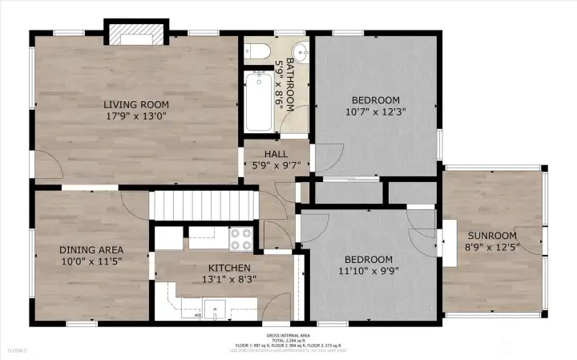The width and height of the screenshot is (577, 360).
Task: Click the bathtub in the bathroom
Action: click(x=258, y=101)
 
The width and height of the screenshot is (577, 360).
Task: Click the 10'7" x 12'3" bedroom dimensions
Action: click(x=376, y=112)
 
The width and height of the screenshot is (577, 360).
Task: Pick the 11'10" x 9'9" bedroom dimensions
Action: click(x=369, y=271)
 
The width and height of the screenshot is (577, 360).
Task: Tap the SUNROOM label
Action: click(x=492, y=235)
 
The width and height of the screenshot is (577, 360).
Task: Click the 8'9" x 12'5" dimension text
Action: click(x=492, y=246)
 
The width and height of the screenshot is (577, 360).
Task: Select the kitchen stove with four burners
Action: click(x=241, y=238)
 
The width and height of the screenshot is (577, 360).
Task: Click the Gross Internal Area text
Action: click(x=288, y=335)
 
